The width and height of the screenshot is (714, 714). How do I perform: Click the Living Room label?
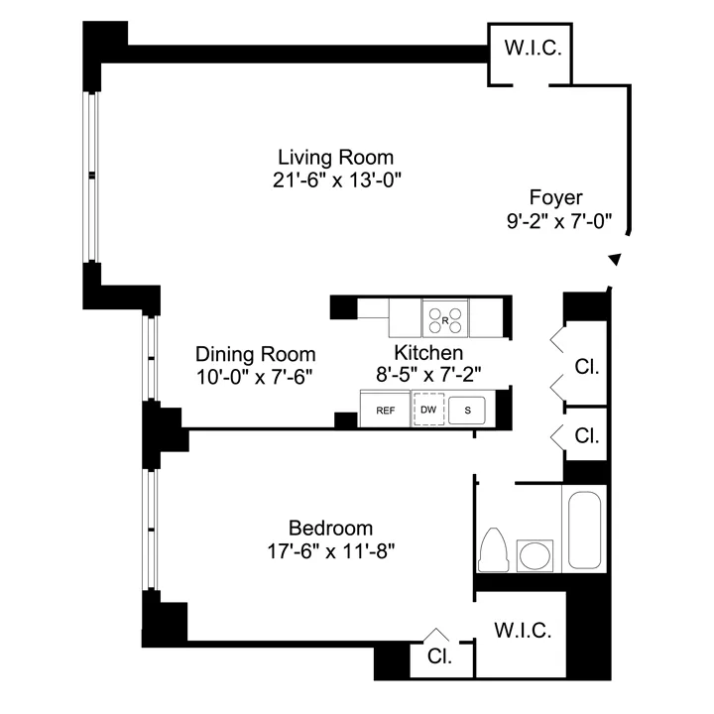pyautogui.click(x=335, y=157)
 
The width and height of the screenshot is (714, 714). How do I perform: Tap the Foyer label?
pyautogui.click(x=556, y=197)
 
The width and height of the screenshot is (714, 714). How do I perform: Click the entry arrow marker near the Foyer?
pyautogui.click(x=615, y=259)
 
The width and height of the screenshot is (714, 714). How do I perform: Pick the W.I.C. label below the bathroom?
pyautogui.click(x=522, y=630)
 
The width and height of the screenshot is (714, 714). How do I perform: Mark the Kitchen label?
pyautogui.click(x=428, y=353)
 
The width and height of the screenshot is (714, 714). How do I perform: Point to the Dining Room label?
pyautogui.click(x=255, y=354)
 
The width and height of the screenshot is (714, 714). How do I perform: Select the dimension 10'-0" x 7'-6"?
pyautogui.click(x=255, y=377)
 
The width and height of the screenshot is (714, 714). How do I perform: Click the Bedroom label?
pyautogui.click(x=330, y=528)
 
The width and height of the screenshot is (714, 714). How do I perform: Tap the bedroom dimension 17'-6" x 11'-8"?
pyautogui.click(x=330, y=550)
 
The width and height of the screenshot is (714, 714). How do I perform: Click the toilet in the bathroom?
pyautogui.click(x=494, y=550)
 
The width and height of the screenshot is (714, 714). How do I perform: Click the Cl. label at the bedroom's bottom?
pyautogui.click(x=439, y=655)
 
